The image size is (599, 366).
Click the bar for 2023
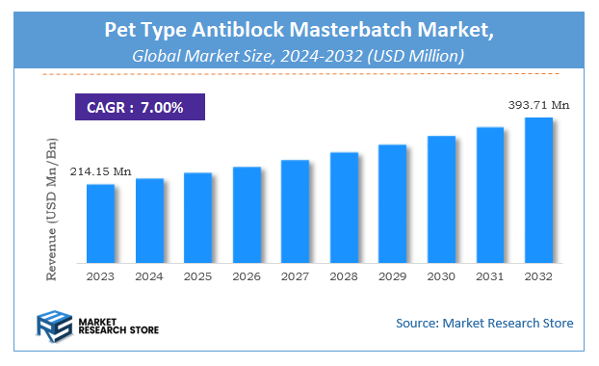pos(101,223)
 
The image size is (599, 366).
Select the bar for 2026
pos(247,215)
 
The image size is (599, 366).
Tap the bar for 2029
pos(392,203)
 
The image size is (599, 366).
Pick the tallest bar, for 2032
pos(538,190)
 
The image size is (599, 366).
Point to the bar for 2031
pos(490,195)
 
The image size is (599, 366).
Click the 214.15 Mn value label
pos(100,171)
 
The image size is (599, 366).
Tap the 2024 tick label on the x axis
pos(149,277)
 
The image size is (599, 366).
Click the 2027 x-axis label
pos(295,277)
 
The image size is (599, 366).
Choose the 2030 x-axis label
pos(441,277)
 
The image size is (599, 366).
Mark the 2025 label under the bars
pos(197,277)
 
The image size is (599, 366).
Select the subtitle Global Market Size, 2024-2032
pos(299,58)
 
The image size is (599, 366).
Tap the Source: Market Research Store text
pos(483,323)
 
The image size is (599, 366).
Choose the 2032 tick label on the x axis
pos(538,277)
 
